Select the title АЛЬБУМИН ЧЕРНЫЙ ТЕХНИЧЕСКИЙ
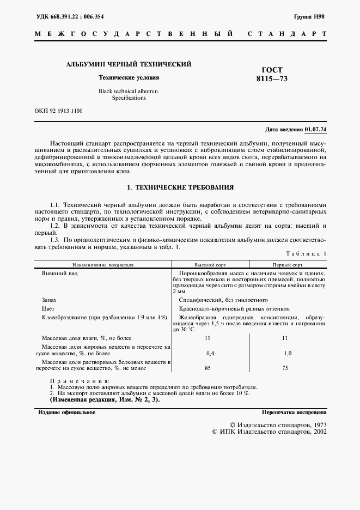click(129, 64)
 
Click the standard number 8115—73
click(272, 78)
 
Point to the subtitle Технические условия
click(129, 78)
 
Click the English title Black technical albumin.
click(129, 91)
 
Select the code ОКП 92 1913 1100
click(59, 111)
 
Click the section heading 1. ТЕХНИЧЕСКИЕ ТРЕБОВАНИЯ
click(180, 187)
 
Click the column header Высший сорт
click(211, 264)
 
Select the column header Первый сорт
click(288, 264)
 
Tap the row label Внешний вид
click(60, 273)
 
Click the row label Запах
click(49, 300)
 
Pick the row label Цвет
click(48, 308)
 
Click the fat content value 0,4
click(210, 354)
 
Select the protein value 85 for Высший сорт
click(208, 368)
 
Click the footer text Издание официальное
click(66, 412)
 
